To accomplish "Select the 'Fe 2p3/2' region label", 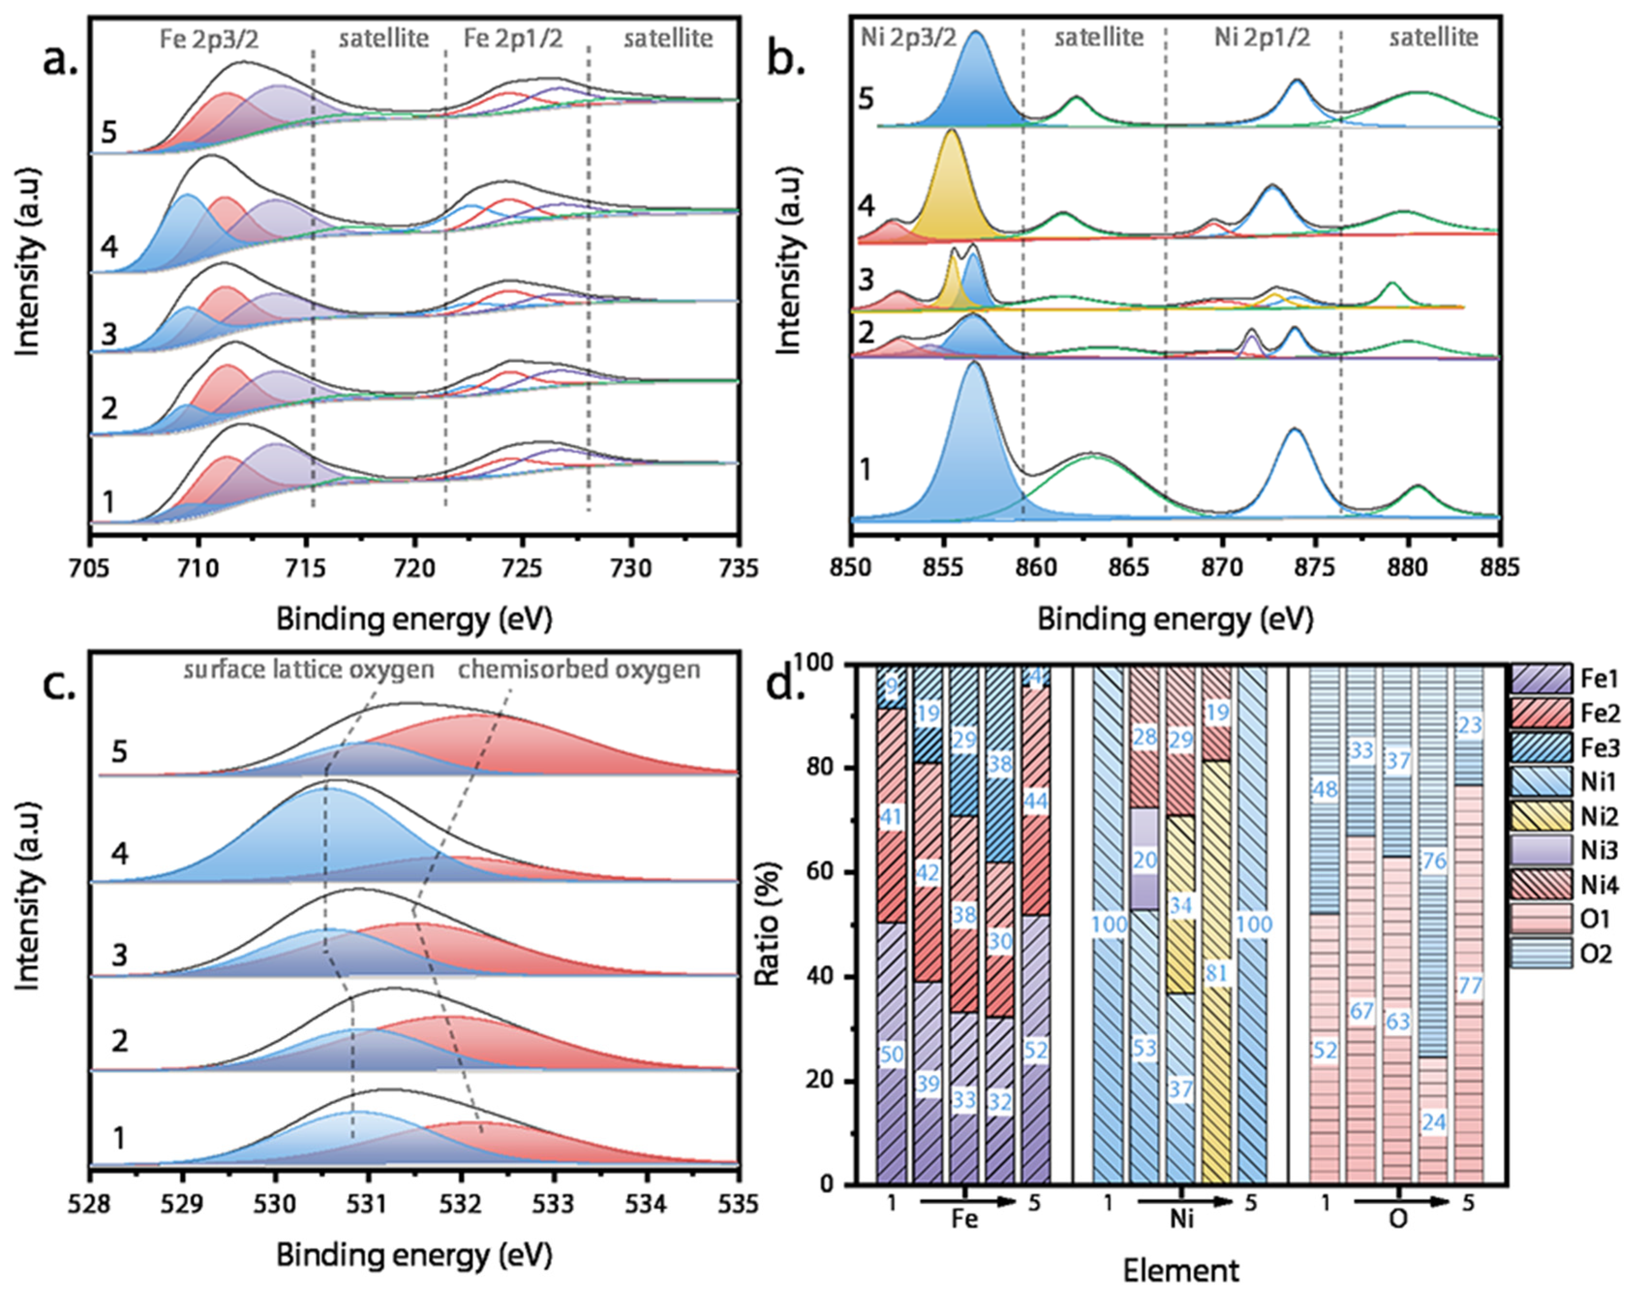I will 209,39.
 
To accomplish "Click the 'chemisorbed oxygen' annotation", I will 579,670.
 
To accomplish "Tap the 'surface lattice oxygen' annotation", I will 309,670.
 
